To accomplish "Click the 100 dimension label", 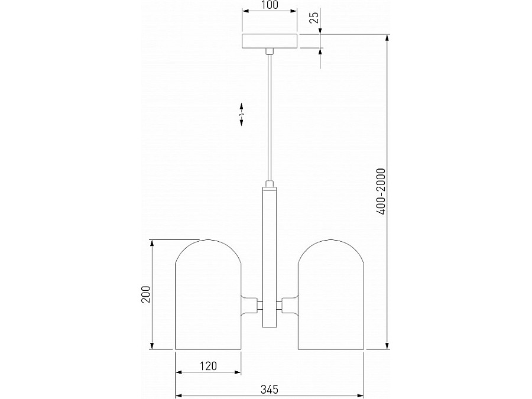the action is pyautogui.click(x=270, y=5).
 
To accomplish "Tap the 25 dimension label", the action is pyautogui.click(x=315, y=17).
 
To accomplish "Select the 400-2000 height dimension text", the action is pyautogui.click(x=381, y=192).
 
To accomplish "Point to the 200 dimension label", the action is pyautogui.click(x=145, y=294).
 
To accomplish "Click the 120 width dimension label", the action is pyautogui.click(x=207, y=366).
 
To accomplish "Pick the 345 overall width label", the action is pyautogui.click(x=270, y=389).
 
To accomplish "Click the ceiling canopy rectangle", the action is pyautogui.click(x=270, y=41).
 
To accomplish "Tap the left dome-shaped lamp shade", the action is pyautogui.click(x=208, y=294).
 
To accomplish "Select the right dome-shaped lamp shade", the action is pyautogui.click(x=331, y=294).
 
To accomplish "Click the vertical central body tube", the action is pyautogui.click(x=270, y=257).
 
